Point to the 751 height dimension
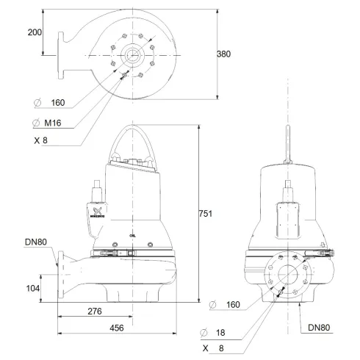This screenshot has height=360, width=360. click(x=206, y=214)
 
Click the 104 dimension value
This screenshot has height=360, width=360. click(x=32, y=289)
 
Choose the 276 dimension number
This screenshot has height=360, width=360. click(x=94, y=312)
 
